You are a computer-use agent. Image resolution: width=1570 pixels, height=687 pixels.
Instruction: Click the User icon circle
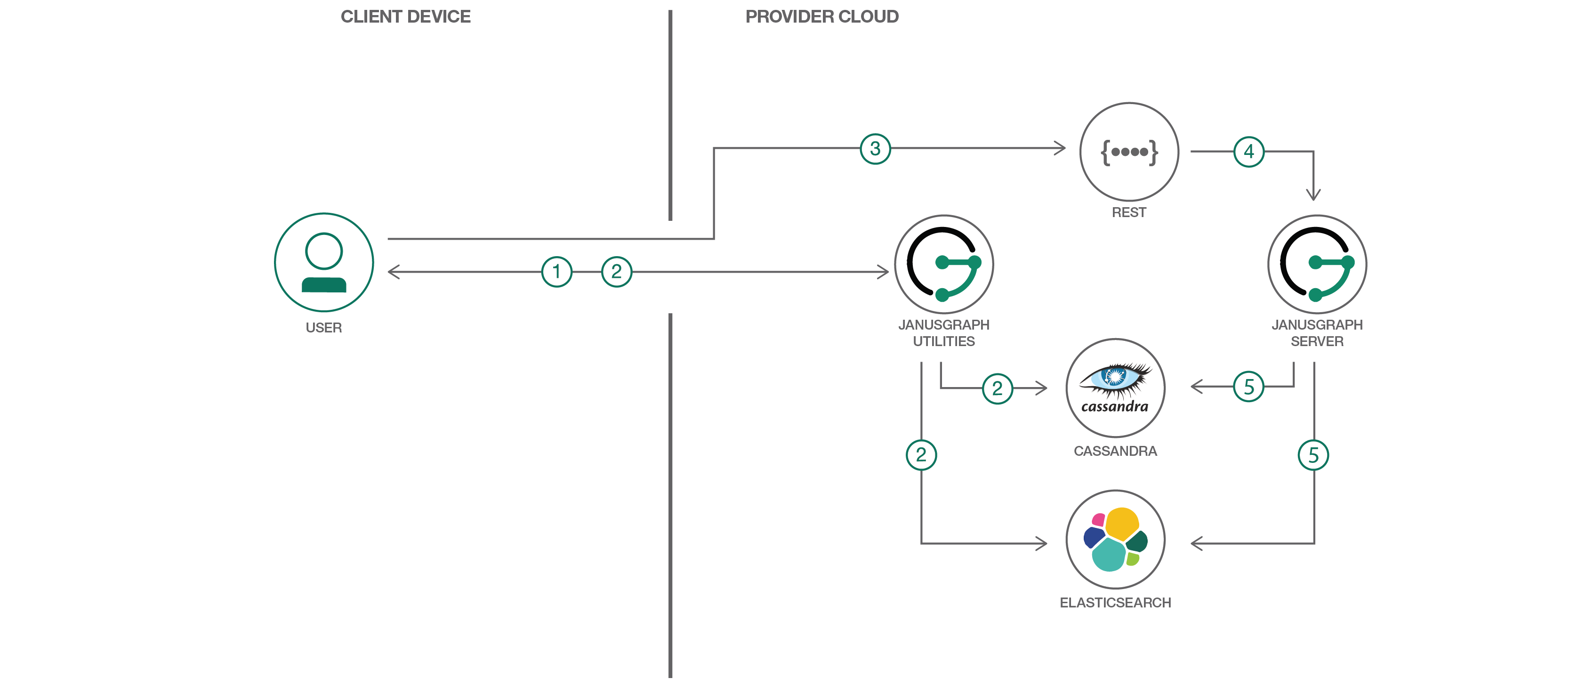[323, 262]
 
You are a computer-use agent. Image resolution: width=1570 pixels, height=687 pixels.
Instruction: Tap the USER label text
[323, 328]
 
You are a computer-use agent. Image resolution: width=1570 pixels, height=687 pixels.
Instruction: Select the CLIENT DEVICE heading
[405, 16]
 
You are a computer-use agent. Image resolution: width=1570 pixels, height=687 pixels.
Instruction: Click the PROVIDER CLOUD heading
[821, 16]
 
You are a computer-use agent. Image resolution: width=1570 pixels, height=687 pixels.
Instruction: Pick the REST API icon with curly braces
[1129, 151]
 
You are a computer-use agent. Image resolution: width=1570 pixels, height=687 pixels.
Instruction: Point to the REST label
[1129, 212]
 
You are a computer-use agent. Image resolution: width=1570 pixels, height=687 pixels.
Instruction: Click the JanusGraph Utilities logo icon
[943, 264]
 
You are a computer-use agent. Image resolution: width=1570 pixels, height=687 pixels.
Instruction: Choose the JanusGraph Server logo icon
[1316, 264]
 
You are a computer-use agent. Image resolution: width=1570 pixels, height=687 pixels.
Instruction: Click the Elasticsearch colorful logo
[1115, 540]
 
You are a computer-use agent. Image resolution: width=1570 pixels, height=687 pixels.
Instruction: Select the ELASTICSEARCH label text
[1115, 603]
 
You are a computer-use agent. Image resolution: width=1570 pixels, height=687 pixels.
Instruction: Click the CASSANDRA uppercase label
[1115, 451]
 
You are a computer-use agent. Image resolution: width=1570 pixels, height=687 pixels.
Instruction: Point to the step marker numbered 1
[556, 272]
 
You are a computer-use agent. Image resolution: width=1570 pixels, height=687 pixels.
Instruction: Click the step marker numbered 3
[875, 149]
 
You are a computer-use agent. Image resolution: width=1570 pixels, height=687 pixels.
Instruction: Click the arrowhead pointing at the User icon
[391, 272]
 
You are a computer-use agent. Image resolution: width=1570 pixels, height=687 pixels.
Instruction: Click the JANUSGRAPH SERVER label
[1316, 333]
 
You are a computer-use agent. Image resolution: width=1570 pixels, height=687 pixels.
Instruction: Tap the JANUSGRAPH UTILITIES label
[943, 333]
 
